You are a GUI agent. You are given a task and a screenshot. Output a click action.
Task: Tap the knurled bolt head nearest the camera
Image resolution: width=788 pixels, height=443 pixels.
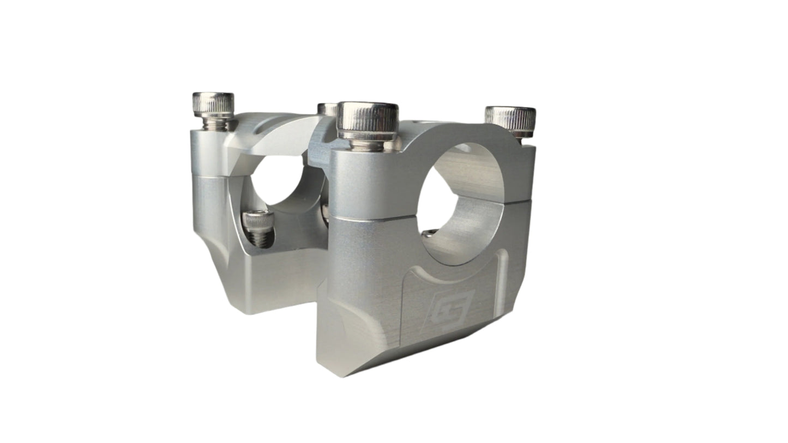pyautogui.click(x=367, y=119)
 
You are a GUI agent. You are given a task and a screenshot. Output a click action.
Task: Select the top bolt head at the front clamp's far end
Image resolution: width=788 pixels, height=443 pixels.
pyautogui.click(x=510, y=119)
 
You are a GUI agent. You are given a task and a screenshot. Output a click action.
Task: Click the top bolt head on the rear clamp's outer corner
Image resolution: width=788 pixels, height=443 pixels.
pyautogui.click(x=213, y=105)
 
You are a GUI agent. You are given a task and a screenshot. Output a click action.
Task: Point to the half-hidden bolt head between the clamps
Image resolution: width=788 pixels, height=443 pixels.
pyautogui.click(x=327, y=109)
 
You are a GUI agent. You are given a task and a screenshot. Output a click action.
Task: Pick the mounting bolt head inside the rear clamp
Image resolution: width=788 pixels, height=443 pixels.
pyautogui.click(x=258, y=220)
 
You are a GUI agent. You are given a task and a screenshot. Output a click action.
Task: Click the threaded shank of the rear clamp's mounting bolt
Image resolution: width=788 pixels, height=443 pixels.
pyautogui.click(x=261, y=239)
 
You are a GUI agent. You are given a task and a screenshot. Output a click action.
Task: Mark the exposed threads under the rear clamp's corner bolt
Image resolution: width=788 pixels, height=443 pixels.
pyautogui.click(x=215, y=124)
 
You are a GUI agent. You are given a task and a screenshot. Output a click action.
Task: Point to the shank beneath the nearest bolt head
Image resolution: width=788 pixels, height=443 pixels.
pyautogui.click(x=367, y=145)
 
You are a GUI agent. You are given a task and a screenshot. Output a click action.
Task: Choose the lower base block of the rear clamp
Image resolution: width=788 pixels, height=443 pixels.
pyautogui.click(x=273, y=283)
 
